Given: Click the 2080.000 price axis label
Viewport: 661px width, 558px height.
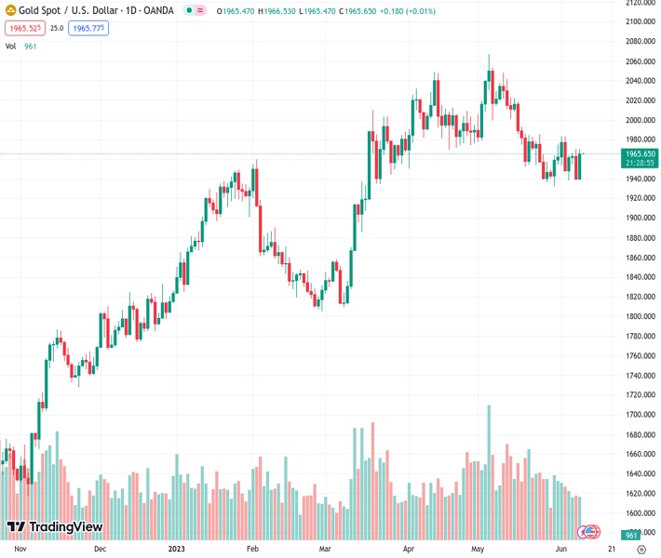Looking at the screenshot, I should click(639, 42).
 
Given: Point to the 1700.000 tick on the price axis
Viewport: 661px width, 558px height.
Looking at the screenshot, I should click(639, 415).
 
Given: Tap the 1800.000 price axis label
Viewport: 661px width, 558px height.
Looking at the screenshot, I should click(639, 317).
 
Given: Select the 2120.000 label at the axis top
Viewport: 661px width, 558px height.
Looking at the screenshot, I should click(639, 3).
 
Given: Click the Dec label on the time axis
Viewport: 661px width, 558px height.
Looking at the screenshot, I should click(100, 549).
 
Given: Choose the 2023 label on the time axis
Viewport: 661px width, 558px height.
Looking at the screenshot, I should click(177, 549).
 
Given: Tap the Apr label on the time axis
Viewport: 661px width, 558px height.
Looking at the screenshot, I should click(408, 549).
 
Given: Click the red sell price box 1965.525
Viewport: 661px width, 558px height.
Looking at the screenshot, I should click(24, 28).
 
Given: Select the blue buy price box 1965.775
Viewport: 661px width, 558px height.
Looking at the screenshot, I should click(89, 28).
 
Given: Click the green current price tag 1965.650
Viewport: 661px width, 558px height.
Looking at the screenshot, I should click(639, 153).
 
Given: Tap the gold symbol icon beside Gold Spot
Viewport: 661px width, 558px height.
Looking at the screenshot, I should click(10, 10).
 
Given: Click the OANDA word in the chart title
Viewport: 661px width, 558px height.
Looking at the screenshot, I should click(156, 10).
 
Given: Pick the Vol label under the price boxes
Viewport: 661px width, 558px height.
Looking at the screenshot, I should click(10, 45).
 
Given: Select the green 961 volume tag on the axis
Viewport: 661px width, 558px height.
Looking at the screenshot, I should click(630, 536).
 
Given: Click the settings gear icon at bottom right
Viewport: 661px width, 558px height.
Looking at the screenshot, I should click(641, 550).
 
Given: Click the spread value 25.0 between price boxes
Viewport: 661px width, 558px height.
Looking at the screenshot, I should click(57, 28).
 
